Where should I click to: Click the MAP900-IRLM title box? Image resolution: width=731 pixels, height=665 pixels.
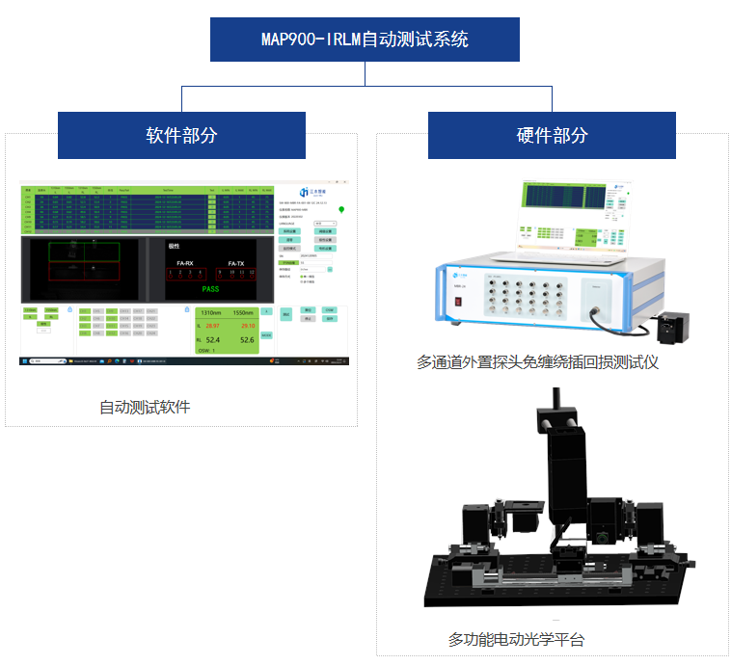[x=365, y=40]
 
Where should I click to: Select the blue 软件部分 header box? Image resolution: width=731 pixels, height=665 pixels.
[x=181, y=135]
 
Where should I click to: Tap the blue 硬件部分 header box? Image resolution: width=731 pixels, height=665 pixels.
[x=552, y=135]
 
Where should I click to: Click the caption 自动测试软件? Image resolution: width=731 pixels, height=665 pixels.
[x=145, y=407]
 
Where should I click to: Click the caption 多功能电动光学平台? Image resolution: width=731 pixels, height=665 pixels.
[x=516, y=639]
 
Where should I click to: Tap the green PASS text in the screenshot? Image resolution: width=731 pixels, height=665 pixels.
[x=210, y=289]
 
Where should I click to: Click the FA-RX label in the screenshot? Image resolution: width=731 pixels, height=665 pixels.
[x=184, y=262]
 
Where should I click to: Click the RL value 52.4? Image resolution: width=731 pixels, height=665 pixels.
[x=213, y=340]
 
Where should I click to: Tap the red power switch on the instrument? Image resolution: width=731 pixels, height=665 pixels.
[x=458, y=301]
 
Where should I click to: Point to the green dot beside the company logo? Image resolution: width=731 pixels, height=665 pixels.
[x=340, y=208]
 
